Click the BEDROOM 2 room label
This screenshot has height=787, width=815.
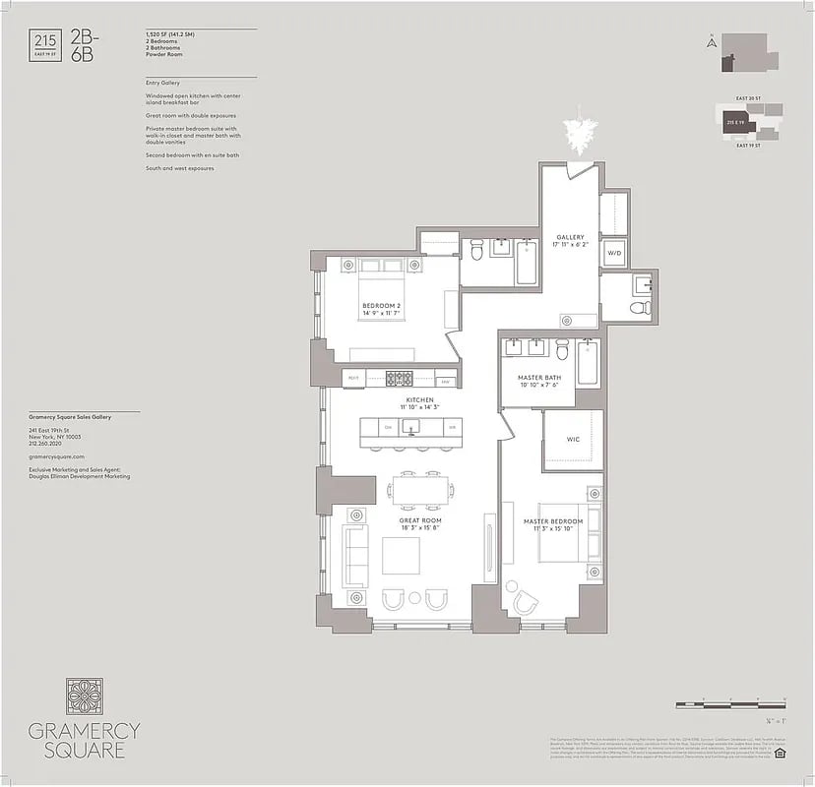(381, 307)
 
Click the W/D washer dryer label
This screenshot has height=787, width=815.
(614, 253)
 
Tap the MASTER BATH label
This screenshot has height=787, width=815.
(538, 379)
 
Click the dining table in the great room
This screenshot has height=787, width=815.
(421, 489)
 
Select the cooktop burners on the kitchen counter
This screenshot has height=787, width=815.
(400, 378)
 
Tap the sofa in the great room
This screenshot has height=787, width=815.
(354, 556)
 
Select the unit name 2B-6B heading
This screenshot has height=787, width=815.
(84, 46)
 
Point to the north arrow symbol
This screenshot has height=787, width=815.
(708, 41)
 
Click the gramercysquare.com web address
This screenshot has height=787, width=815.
(57, 457)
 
